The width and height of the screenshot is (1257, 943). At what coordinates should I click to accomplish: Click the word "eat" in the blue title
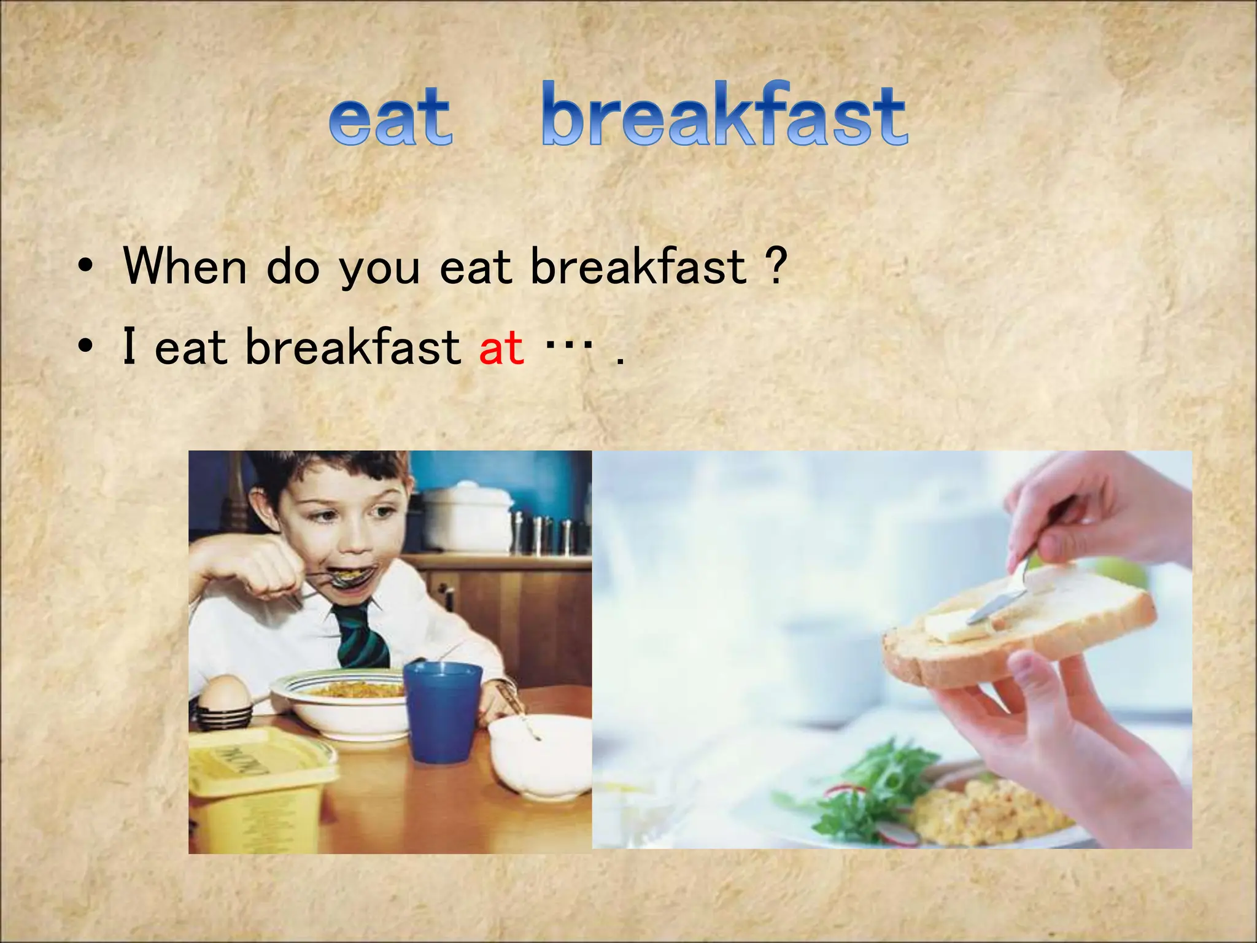click(391, 117)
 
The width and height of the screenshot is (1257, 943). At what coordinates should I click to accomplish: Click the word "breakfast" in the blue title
click(724, 115)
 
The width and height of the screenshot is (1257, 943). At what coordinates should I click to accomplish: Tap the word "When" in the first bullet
click(185, 266)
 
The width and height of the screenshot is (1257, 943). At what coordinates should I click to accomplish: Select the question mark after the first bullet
click(776, 266)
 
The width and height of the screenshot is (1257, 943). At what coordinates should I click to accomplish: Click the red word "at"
click(501, 347)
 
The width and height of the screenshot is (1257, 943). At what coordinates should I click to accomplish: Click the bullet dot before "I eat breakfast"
click(86, 347)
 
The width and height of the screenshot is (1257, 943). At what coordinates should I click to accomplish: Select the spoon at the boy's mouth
click(347, 577)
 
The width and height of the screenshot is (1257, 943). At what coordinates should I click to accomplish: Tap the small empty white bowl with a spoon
click(540, 755)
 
